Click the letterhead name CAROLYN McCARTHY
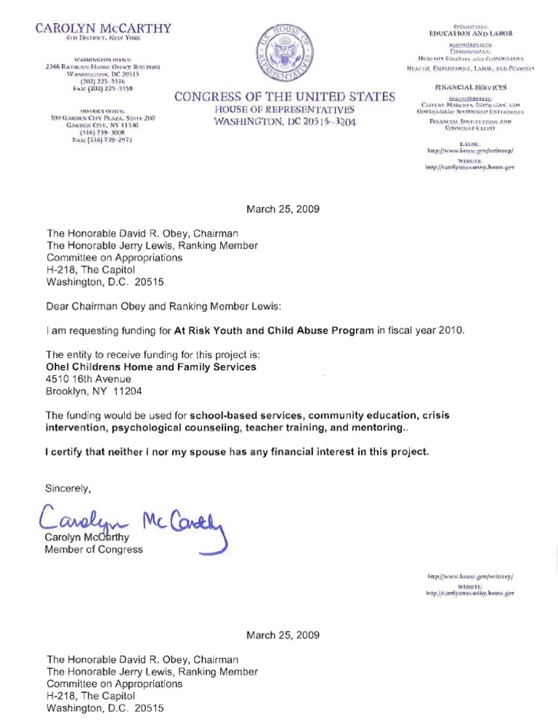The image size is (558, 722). click(x=102, y=29)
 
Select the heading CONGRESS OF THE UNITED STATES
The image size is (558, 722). click(x=284, y=97)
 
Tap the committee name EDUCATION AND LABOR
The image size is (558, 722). click(x=472, y=33)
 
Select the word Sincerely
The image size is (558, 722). click(x=70, y=488)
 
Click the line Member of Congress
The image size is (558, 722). click(x=94, y=549)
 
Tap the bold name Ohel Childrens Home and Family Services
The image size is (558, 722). click(x=151, y=367)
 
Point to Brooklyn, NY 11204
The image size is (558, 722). click(x=94, y=390)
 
